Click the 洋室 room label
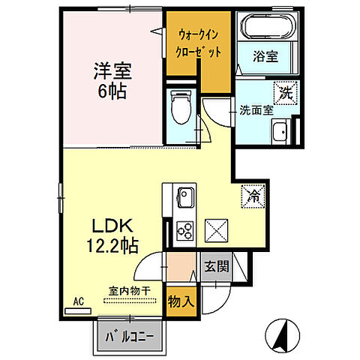[x=112, y=73]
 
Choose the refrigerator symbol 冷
[x=253, y=196]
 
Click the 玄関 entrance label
[x=215, y=265]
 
